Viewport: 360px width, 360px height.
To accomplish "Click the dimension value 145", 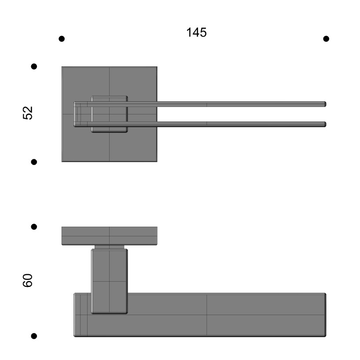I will coord(196,33).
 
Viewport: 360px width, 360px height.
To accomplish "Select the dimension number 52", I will coord(28,113).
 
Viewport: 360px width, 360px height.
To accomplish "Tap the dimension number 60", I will coord(28,280).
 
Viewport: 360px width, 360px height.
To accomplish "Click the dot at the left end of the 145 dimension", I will coord(62,39).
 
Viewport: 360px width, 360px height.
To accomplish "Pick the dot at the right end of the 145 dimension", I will coord(326,39).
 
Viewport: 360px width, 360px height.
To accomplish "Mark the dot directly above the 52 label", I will coord(34,66).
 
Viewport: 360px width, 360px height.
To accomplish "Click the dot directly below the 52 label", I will coord(34,162).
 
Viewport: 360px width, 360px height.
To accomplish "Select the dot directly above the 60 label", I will coord(34,227).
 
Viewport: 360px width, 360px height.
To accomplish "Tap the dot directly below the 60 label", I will coord(34,336).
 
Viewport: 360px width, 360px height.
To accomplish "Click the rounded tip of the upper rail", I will coord(324,104).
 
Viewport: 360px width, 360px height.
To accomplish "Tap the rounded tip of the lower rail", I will coord(324,124).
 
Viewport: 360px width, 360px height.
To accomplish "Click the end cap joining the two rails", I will coord(77,114).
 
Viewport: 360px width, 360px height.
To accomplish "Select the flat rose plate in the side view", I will coord(109,235).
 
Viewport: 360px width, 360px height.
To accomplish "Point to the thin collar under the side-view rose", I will coord(109,247).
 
